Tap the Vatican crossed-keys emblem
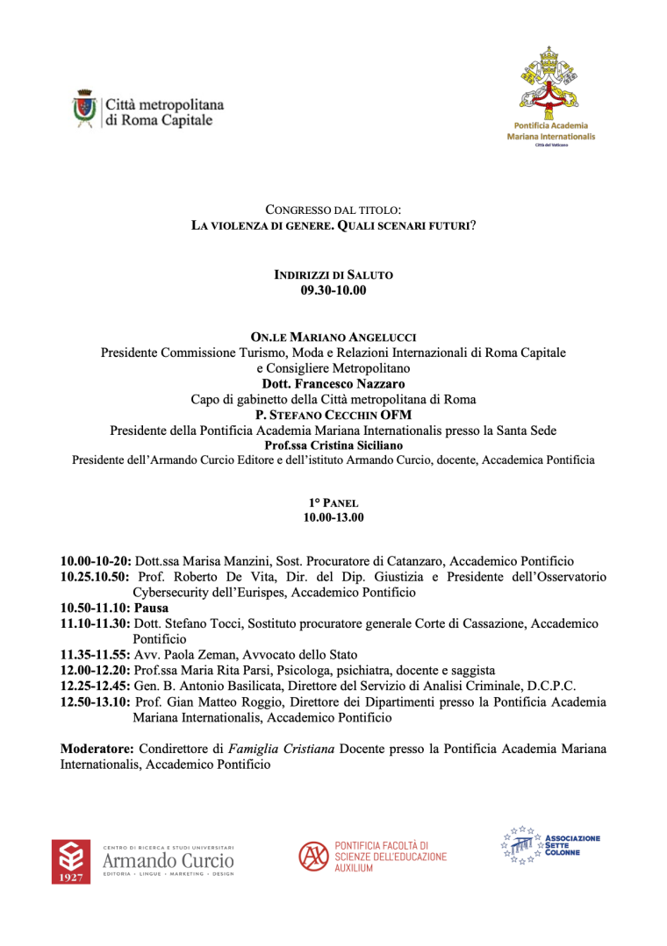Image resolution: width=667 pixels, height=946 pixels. coord(550,83)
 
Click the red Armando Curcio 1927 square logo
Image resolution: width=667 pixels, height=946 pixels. coord(71,862)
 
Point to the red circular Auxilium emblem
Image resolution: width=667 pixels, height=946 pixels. coord(312,856)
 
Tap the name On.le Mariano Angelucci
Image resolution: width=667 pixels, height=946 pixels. coord(333,338)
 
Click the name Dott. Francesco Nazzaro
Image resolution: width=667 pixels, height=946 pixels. coord(333,383)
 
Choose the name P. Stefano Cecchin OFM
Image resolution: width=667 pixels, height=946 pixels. coord(333,415)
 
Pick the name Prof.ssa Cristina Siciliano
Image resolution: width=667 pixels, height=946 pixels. coord(333,445)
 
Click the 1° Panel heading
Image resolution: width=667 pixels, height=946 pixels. coord(333,502)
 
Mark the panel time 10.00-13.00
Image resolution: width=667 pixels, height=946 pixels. coord(333,517)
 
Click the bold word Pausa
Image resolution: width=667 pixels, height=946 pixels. coord(152,608)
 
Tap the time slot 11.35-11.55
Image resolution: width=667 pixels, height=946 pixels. coord(96,655)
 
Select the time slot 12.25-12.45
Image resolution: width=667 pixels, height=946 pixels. coord(96,686)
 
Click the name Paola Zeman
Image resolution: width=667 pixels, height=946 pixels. coord(189,655)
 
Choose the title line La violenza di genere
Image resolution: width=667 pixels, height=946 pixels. coord(333,225)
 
